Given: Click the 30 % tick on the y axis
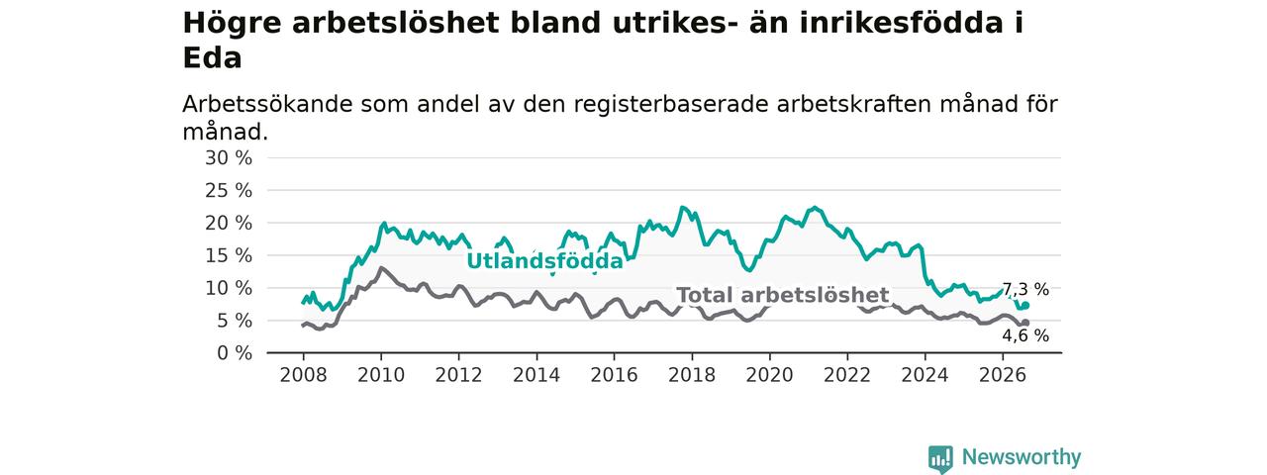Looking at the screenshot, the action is (229, 158).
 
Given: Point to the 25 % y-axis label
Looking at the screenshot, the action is (229, 191).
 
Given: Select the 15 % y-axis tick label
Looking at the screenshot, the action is (229, 255).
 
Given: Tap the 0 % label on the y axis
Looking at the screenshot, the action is (235, 353).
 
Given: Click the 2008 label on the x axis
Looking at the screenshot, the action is (303, 375).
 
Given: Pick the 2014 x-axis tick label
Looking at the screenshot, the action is (536, 375).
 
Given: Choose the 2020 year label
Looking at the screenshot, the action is (769, 375).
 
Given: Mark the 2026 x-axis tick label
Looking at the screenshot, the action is (1003, 375).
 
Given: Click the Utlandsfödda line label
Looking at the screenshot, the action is (544, 261).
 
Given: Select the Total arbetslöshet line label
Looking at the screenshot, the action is (783, 295).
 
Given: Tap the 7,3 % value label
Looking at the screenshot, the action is (1025, 290).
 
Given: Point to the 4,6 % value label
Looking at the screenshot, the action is (1025, 335).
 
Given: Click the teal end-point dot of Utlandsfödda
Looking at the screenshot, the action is (1025, 306).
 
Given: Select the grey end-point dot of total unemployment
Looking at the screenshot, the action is (1025, 323).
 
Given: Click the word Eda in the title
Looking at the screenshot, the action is (212, 57).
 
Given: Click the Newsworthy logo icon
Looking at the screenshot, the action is (940, 458).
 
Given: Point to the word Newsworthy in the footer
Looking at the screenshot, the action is (1022, 457).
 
